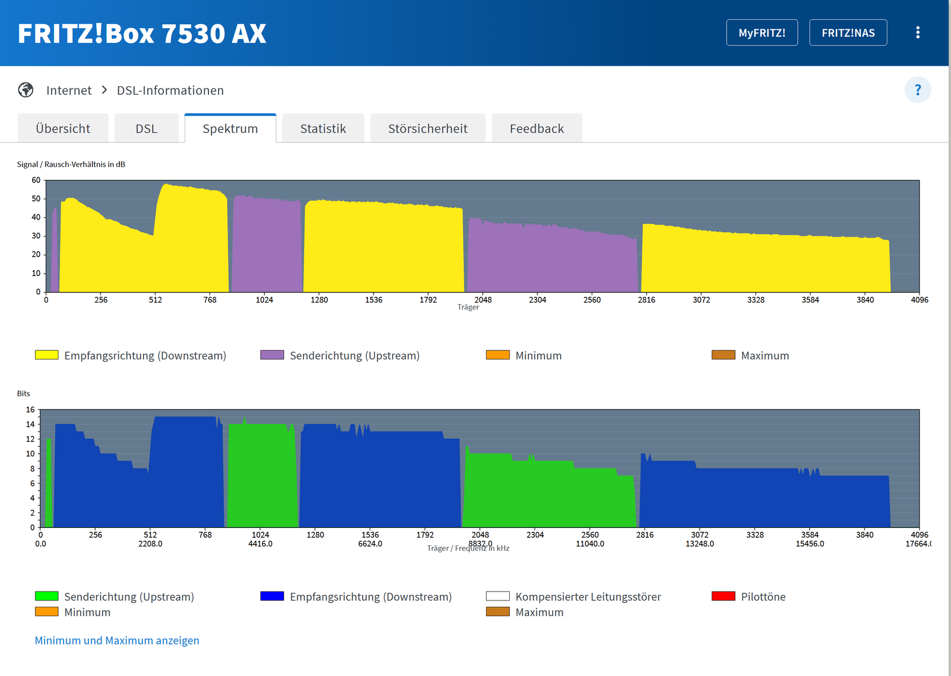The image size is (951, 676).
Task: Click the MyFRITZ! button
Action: pyautogui.click(x=762, y=33)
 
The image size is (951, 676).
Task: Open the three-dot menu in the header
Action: pyautogui.click(x=917, y=33)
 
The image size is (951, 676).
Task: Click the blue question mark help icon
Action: pyautogui.click(x=917, y=90)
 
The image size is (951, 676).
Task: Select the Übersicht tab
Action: pyautogui.click(x=63, y=128)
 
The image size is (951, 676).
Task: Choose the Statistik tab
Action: pyautogui.click(x=323, y=128)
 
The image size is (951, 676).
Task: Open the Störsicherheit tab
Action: pyautogui.click(x=428, y=128)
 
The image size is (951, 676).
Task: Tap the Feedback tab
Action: pyautogui.click(x=537, y=128)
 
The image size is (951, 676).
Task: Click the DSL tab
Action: pyautogui.click(x=146, y=128)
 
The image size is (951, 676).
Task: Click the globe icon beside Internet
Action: pyautogui.click(x=25, y=90)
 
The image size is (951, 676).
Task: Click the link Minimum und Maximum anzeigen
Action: pyautogui.click(x=117, y=641)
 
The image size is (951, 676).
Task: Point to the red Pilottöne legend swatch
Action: pyautogui.click(x=723, y=596)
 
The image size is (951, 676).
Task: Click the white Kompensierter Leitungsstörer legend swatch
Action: pyautogui.click(x=497, y=596)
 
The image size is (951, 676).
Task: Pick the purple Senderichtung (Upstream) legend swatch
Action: pyautogui.click(x=272, y=355)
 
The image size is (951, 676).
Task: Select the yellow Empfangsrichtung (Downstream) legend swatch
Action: pyautogui.click(x=47, y=355)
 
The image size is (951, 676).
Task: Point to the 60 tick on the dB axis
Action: pyautogui.click(x=36, y=180)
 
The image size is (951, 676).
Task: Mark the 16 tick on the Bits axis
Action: pyautogui.click(x=30, y=410)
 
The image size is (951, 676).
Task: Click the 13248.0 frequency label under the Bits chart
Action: pyautogui.click(x=700, y=544)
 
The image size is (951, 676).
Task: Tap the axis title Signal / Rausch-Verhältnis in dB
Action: pyautogui.click(x=71, y=164)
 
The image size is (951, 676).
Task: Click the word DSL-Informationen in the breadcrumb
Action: pyautogui.click(x=170, y=91)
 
